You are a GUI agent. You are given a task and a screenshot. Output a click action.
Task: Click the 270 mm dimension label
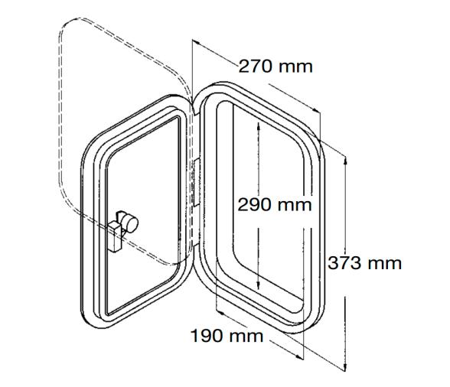276,66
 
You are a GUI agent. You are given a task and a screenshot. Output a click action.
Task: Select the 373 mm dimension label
365,263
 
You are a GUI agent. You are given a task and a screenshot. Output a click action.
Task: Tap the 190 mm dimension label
226,336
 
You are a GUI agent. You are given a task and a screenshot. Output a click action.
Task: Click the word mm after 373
385,263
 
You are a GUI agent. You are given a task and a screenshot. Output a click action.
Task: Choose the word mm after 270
295,66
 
